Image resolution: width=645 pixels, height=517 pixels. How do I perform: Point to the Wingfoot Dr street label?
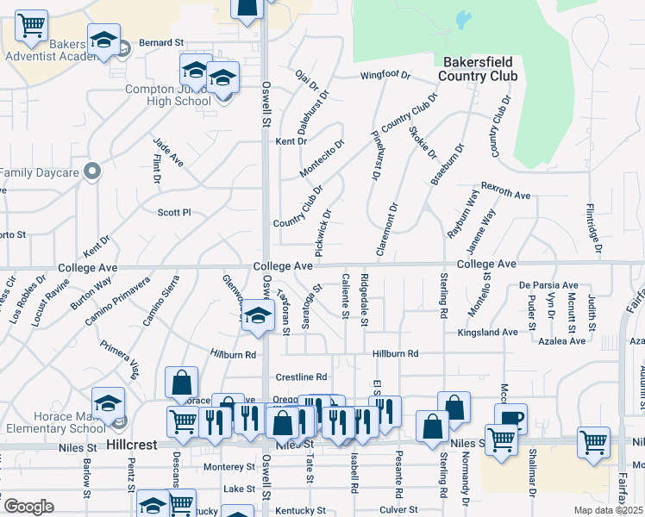tap(385, 74)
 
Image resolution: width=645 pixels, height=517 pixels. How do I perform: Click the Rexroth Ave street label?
tap(505, 195)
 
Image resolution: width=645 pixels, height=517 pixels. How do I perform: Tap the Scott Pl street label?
tap(173, 212)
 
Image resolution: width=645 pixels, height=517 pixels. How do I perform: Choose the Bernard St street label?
tap(162, 42)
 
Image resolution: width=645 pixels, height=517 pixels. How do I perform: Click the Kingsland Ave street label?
tap(487, 332)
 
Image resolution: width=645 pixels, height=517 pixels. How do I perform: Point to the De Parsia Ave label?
tap(548, 285)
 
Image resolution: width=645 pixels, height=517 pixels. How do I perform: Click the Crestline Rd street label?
tap(302, 377)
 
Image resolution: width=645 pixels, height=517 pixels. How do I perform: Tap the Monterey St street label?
tap(229, 466)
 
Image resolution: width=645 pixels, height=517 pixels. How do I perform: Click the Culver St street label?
tap(398, 510)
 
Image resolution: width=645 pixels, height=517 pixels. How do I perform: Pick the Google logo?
tap(28, 507)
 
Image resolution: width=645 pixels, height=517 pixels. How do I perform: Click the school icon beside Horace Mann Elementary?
tap(109, 402)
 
